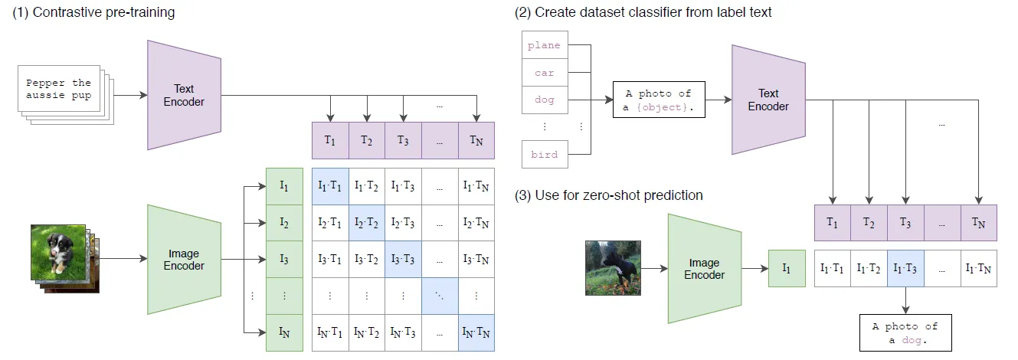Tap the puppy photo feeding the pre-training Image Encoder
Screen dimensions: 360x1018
click(57, 250)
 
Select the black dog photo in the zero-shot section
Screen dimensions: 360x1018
click(613, 268)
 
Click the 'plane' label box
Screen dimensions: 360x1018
click(544, 45)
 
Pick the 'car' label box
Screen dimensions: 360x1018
click(544, 73)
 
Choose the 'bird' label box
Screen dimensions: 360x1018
click(544, 154)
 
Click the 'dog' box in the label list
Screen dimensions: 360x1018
click(544, 100)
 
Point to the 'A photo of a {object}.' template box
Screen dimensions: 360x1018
click(658, 100)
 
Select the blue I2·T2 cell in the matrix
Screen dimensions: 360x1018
click(366, 222)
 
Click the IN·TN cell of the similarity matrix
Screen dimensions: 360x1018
click(476, 333)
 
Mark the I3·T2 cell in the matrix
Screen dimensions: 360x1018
click(366, 259)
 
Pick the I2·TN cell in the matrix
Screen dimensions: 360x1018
click(476, 222)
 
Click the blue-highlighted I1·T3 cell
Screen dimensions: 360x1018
click(906, 268)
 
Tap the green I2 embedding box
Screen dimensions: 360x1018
click(284, 222)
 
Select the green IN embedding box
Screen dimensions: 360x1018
click(284, 333)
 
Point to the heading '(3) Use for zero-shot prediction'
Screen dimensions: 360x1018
click(609, 195)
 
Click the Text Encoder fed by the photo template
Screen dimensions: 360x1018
click(768, 100)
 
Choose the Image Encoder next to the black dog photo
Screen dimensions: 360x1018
click(704, 268)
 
